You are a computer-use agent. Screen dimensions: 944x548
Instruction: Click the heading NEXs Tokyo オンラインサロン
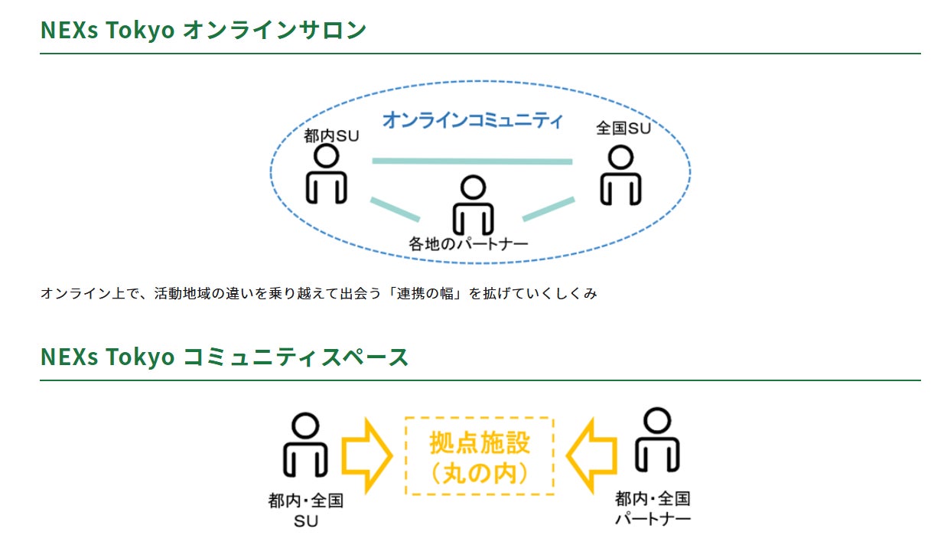click(203, 30)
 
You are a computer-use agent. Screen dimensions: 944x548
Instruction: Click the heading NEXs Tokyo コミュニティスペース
click(224, 357)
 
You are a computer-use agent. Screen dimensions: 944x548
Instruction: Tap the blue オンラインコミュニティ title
click(473, 120)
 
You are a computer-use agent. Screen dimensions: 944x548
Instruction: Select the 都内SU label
click(331, 135)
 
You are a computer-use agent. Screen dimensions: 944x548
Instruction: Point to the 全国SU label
click(623, 128)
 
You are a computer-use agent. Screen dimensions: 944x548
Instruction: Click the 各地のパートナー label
click(468, 243)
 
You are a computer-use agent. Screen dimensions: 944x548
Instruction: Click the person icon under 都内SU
click(326, 174)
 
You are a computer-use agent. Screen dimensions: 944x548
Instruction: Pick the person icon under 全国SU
click(620, 175)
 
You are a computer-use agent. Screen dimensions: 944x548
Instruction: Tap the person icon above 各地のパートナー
click(473, 205)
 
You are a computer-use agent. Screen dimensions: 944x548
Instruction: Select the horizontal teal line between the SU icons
click(472, 161)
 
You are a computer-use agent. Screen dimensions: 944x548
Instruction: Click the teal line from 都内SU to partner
click(396, 209)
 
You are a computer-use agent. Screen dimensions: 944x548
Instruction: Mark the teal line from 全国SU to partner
click(548, 209)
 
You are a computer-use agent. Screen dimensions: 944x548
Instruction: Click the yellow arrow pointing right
click(366, 455)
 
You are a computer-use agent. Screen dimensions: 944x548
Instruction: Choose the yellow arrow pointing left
click(591, 455)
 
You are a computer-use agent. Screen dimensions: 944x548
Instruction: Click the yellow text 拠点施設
click(480, 442)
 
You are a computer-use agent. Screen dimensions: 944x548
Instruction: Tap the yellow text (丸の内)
click(480, 473)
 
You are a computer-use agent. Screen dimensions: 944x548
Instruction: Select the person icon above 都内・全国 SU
click(305, 445)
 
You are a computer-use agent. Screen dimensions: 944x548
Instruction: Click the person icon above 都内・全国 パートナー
click(657, 439)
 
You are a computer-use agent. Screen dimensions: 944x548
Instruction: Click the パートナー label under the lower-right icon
click(653, 518)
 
